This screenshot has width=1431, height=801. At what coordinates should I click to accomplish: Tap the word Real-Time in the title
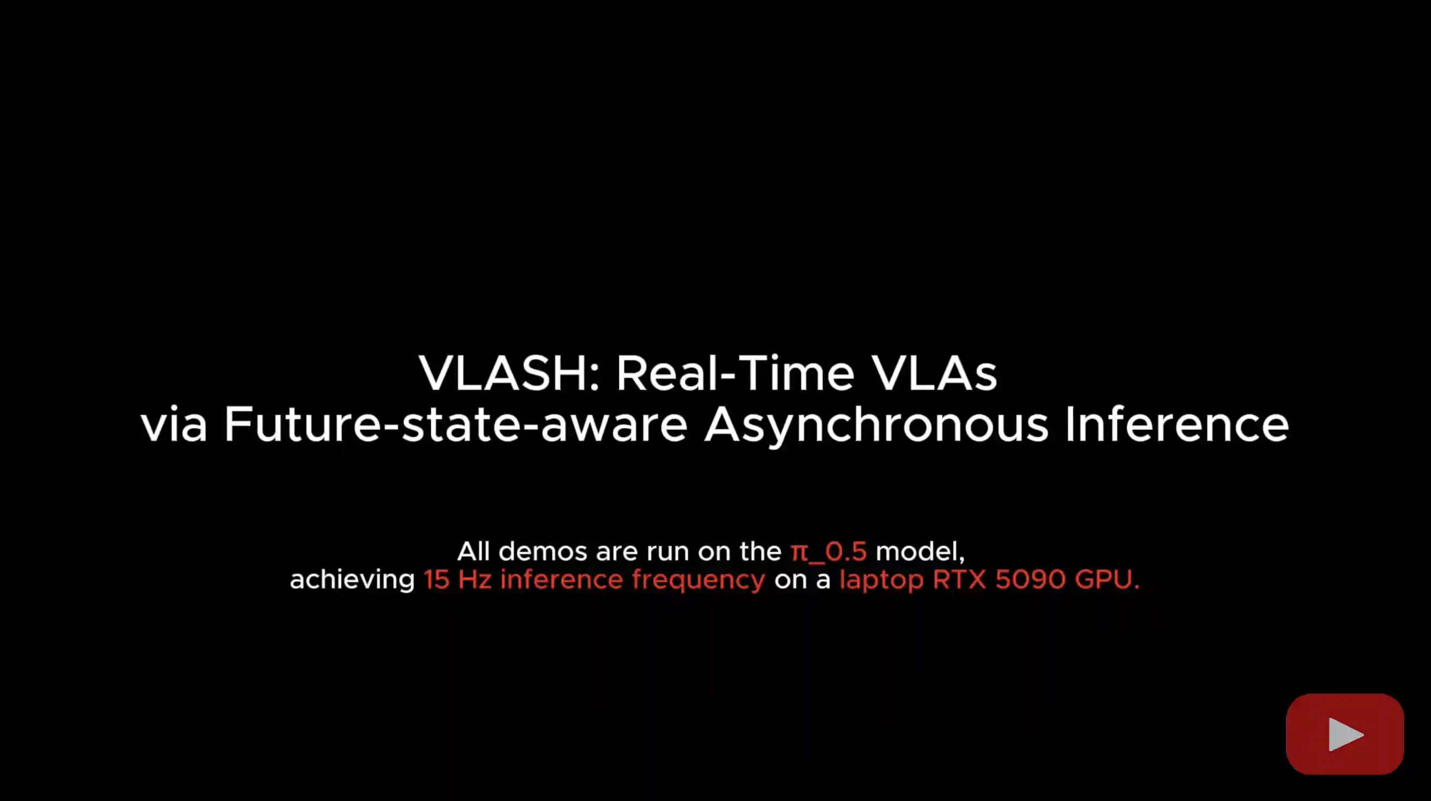735,373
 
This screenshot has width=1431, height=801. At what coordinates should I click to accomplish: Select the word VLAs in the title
934,373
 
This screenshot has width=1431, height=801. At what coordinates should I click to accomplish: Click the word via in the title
174,424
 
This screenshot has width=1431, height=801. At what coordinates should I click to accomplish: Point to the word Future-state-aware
455,424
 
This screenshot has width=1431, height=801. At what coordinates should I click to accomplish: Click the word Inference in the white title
1176,424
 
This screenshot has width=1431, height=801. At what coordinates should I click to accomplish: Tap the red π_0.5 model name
828,552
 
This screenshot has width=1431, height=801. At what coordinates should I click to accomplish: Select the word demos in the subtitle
543,552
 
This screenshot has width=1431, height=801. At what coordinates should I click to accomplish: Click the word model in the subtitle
920,552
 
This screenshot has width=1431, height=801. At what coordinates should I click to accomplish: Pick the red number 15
437,579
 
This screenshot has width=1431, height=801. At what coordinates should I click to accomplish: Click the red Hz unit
474,579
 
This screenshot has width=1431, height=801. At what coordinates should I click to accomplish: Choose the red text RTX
959,579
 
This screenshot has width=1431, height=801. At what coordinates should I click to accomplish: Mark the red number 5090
1031,579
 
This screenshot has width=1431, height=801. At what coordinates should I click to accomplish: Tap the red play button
1345,734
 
